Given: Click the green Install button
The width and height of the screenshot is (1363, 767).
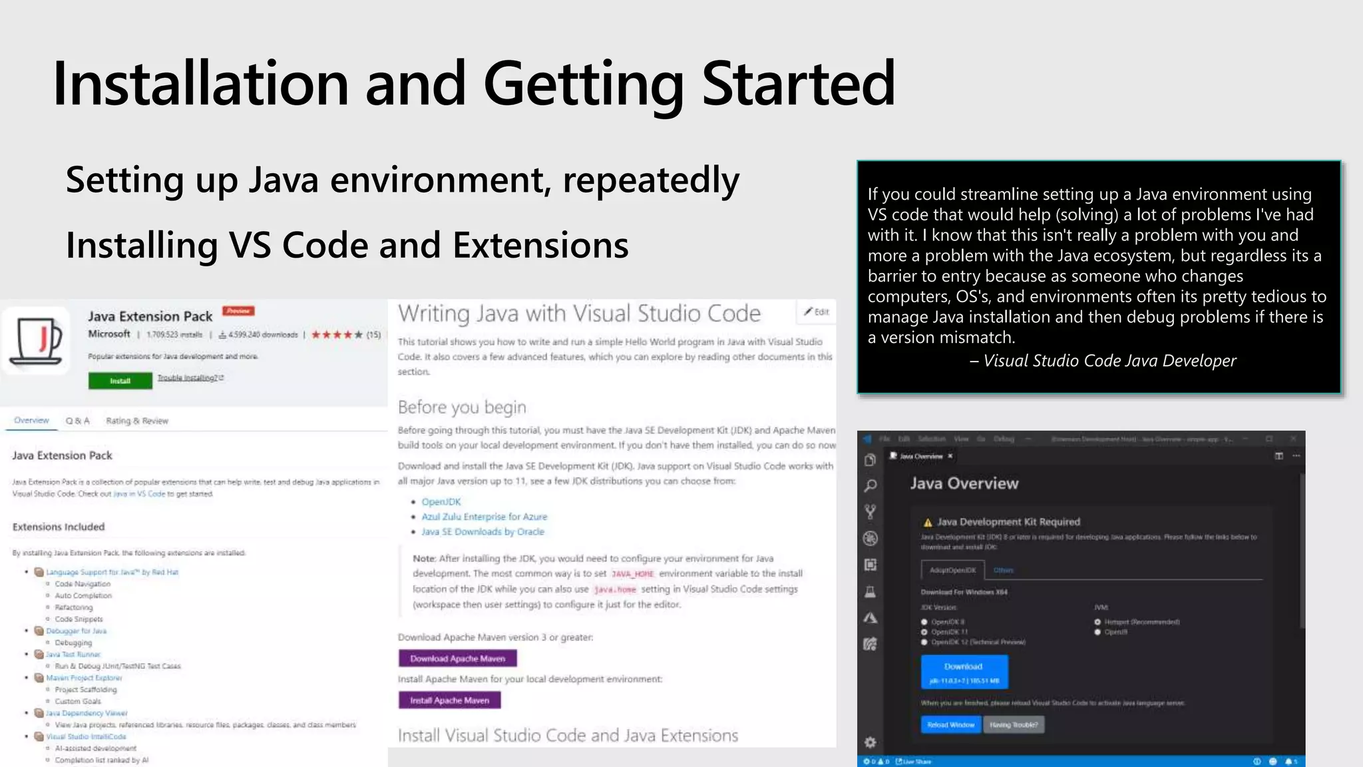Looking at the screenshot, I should tap(120, 381).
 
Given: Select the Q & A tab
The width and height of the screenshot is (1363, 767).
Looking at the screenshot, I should tap(77, 421).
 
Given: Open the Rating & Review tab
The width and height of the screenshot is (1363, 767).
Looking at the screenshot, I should tap(137, 421).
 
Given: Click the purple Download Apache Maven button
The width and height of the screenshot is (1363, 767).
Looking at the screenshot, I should tap(457, 658).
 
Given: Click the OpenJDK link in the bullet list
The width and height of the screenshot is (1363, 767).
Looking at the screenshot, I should tap(441, 502).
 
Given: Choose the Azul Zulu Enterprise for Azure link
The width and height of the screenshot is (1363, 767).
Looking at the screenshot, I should tap(484, 517).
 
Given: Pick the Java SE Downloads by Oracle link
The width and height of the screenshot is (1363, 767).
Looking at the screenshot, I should tap(483, 532).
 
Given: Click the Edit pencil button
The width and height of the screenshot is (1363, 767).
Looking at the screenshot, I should tap(816, 312).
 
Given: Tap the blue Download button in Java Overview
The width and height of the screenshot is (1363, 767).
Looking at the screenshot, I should tap(964, 671).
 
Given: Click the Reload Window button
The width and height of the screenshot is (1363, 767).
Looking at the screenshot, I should tap(950, 724).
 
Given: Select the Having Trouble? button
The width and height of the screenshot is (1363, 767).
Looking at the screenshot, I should tap(1014, 724).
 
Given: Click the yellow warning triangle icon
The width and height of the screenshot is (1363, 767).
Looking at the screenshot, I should tap(928, 523).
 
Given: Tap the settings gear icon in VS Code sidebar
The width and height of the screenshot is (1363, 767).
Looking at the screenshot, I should tap(870, 742).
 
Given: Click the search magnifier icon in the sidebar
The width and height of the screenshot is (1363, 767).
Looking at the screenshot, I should tap(870, 486).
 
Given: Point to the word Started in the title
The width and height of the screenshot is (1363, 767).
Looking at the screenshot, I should tap(799, 84).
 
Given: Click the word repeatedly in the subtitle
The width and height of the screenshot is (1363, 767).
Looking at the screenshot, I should tap(651, 180).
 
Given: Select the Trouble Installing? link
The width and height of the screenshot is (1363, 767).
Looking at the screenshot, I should tap(190, 378).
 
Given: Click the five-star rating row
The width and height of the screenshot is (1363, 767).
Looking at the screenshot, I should tap(337, 335).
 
